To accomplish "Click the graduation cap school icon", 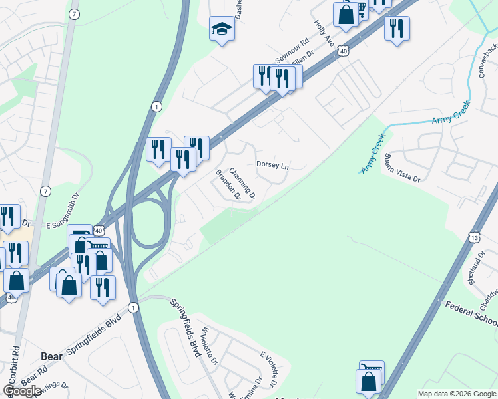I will coord(222,28).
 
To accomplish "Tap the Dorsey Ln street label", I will coord(272,165).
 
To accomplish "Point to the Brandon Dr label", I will coord(228,185).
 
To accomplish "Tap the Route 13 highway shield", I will coord(474,237).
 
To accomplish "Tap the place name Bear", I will coord(51,356).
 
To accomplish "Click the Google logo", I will coord(22,392).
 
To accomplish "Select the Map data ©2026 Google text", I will coord(456,394).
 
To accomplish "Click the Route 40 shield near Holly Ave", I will coord(342,51).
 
